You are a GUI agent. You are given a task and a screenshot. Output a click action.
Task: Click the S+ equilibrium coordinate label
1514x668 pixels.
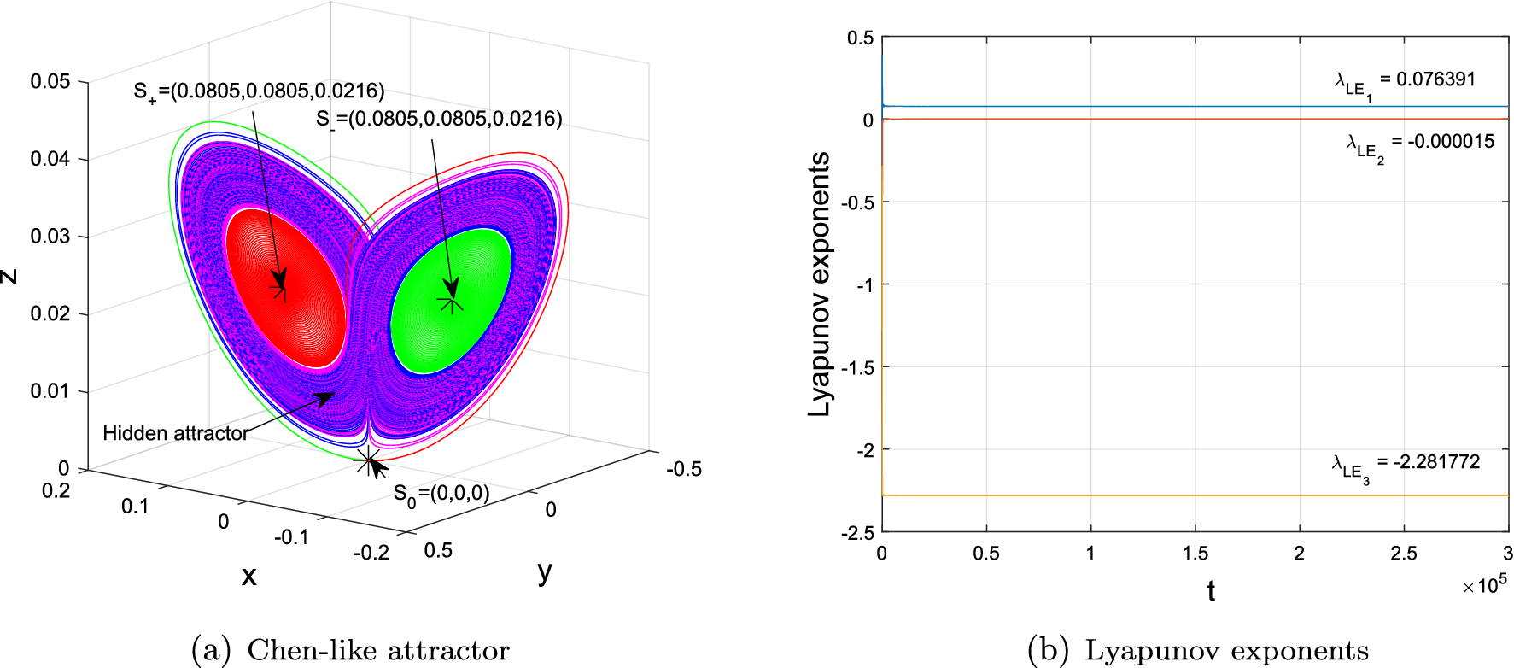pos(259,91)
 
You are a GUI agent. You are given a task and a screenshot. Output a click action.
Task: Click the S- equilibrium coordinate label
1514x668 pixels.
pos(439,119)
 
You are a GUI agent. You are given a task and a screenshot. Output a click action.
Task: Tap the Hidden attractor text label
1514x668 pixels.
pos(175,433)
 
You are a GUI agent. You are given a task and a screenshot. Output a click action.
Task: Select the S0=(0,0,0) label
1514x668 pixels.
pos(441,495)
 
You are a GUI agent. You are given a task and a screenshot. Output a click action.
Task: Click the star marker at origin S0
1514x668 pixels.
pos(368,461)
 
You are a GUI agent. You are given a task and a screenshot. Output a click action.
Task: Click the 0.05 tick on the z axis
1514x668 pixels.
pos(50,81)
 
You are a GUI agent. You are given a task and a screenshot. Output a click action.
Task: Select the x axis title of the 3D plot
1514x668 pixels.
pos(248,576)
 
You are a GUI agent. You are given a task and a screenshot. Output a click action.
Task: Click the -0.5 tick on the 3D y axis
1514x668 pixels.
pos(683,469)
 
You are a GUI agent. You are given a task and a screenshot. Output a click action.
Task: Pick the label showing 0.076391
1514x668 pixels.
pos(1406,82)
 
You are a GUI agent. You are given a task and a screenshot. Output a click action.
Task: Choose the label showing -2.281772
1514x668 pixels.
pos(1406,465)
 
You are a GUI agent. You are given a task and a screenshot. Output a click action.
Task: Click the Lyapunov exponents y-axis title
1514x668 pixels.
pos(819,284)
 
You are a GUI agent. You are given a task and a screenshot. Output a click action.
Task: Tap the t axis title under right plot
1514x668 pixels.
pos(1211,590)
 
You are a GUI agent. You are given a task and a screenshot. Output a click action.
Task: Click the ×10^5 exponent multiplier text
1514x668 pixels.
pos(1484,585)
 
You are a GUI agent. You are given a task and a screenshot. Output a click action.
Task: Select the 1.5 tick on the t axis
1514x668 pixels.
pos(1195,554)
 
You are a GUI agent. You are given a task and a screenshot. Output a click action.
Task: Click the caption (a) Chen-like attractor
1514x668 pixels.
pos(351,650)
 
